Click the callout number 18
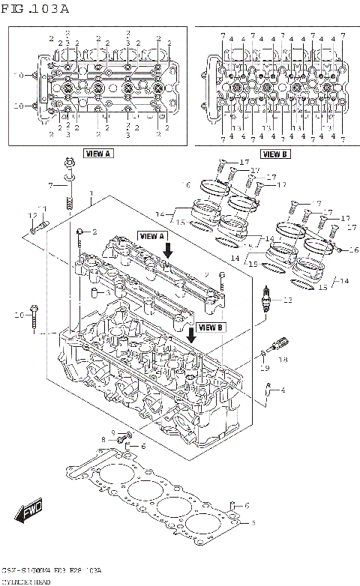click(283, 359)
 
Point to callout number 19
click(264, 368)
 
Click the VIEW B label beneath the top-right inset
click(275, 154)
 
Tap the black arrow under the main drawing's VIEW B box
click(193, 333)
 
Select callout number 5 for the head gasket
click(253, 522)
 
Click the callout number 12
click(32, 216)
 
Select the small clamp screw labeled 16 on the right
click(340, 250)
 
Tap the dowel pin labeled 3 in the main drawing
click(95, 291)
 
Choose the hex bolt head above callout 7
click(68, 160)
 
